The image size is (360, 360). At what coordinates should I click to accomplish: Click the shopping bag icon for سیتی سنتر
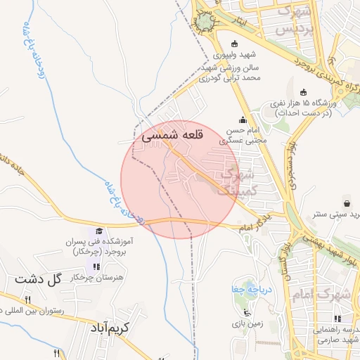tap(346, 201)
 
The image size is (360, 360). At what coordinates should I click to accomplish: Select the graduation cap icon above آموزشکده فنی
tap(99, 231)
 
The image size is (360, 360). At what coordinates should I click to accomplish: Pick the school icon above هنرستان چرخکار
tap(96, 266)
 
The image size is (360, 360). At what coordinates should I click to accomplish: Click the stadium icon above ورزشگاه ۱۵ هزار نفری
tap(303, 92)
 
